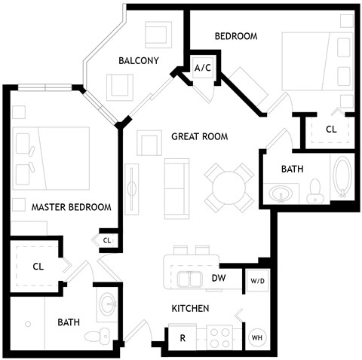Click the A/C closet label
202,68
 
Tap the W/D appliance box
256,281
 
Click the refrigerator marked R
182,337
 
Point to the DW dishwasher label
219,279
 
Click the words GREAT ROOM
199,136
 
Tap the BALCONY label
138,61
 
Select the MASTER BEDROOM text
71,207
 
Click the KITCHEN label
190,309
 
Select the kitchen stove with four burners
223,336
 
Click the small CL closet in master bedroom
106,240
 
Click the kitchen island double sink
189,279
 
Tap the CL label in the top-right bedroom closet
330,129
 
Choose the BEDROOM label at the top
236,36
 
